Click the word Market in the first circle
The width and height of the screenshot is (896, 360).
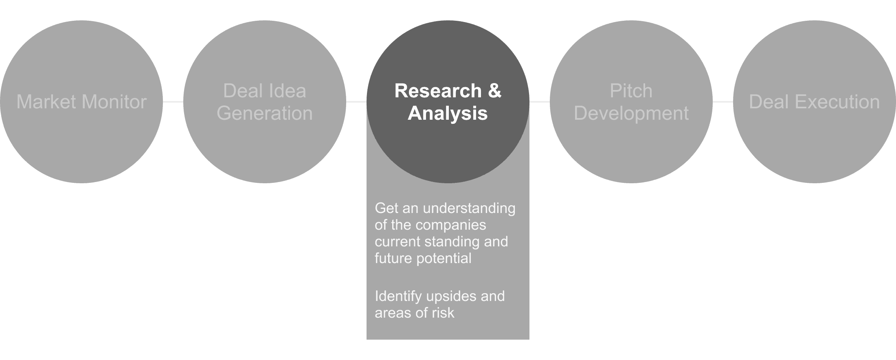[x=45, y=102]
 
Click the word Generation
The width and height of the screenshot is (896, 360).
[x=265, y=113]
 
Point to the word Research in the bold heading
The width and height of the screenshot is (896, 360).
[x=438, y=91]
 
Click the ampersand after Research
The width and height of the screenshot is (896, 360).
[x=495, y=91]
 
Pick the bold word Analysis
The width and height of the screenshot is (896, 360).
[x=448, y=113]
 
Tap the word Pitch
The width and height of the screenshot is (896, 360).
[x=631, y=91]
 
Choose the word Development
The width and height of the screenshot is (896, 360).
[x=631, y=113]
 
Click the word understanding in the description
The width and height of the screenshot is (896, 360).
[x=469, y=209]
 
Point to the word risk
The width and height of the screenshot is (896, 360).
[x=443, y=313]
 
